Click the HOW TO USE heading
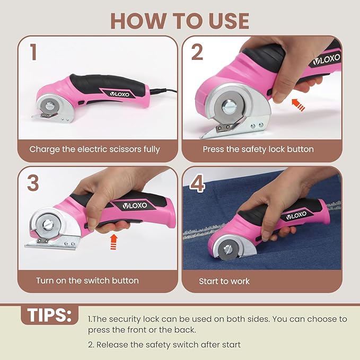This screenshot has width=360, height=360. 180,21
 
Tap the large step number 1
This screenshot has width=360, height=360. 33,52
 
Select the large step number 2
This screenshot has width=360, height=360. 197,52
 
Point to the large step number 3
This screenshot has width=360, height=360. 33,183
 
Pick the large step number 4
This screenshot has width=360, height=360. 197,183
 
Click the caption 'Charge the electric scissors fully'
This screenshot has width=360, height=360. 94,150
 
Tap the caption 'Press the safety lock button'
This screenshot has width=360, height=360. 258,150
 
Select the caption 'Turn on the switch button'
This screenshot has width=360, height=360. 87,280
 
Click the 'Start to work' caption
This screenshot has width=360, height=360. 224,281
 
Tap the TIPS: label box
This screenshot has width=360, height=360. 50,315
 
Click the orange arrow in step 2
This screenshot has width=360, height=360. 298,105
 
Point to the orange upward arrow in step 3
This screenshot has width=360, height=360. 113,242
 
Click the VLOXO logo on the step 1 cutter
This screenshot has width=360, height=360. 119,94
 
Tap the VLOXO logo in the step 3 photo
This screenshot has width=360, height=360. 135,206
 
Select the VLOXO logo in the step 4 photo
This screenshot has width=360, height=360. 296,216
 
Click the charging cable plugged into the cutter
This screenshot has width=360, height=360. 163,91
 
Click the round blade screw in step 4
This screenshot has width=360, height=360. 229,250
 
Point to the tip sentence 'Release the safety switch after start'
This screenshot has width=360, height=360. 168,345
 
